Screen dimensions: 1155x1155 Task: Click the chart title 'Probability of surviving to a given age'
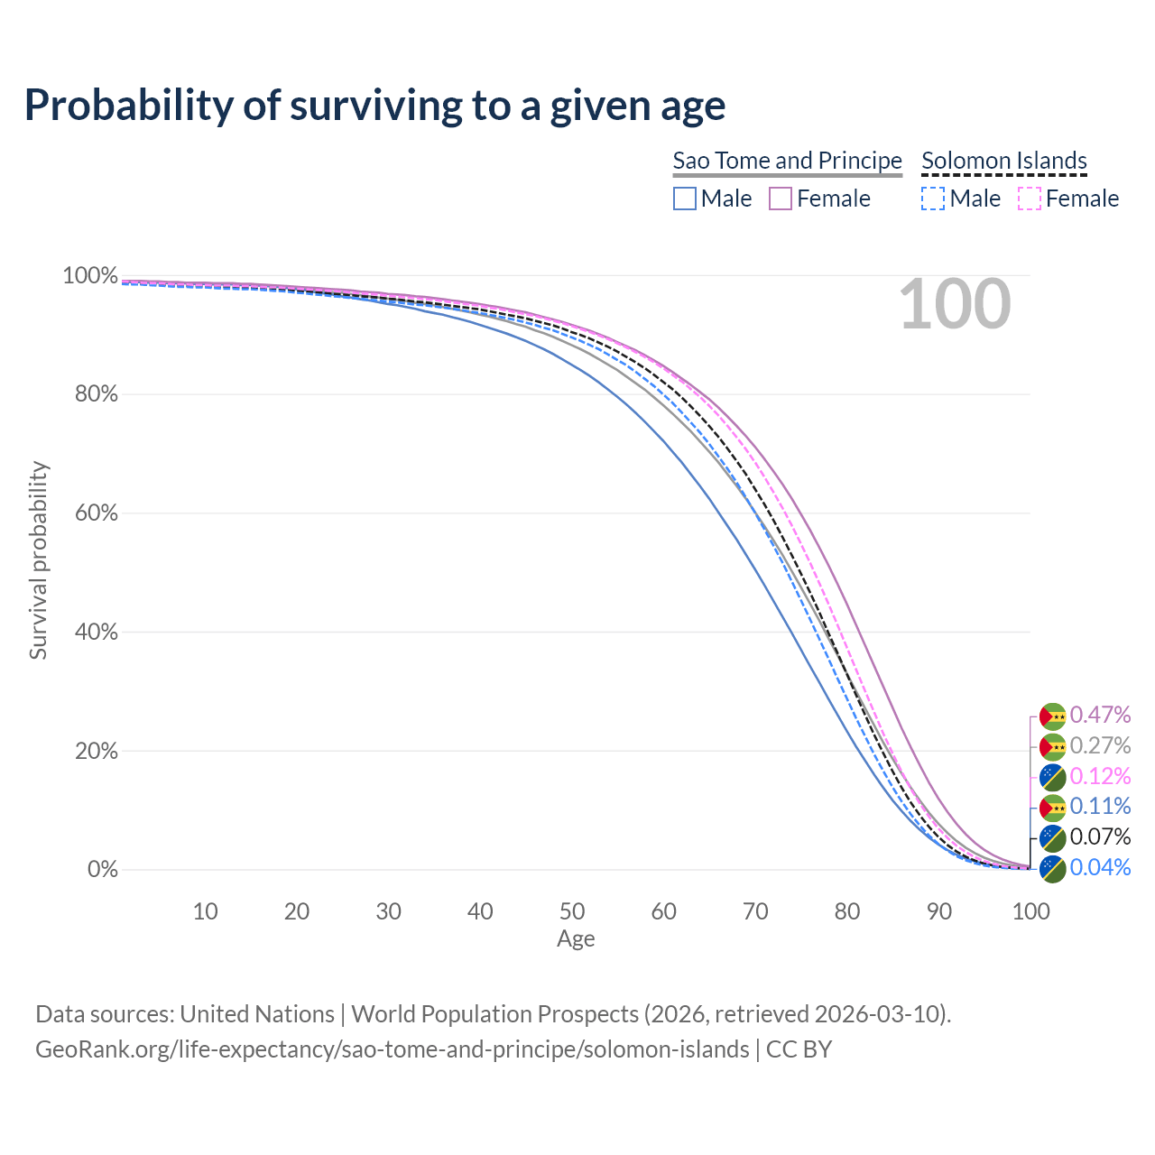point(374,106)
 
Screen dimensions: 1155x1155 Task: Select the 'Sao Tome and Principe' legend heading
point(787,161)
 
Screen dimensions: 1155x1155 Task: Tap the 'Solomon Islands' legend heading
point(1003,161)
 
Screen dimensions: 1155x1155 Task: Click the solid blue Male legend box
point(685,199)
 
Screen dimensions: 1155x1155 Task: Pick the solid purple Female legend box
point(781,199)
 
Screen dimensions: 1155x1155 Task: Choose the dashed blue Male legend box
point(933,199)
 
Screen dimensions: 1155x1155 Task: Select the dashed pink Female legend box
point(1030,199)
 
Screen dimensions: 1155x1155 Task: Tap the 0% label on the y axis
point(102,870)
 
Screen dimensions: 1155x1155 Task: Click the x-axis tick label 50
point(571,911)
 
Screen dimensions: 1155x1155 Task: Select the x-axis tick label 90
point(938,911)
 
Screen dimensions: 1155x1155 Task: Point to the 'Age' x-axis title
point(576,939)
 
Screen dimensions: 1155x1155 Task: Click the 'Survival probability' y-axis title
point(38,560)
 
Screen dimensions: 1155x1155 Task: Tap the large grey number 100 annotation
point(955,304)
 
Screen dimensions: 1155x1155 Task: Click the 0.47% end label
point(1100,716)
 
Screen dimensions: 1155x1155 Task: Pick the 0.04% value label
point(1100,868)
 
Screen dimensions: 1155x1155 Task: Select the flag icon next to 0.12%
point(1052,777)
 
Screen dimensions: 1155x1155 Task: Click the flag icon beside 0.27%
point(1052,746)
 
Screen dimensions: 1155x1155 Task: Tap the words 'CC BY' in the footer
point(799,1049)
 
